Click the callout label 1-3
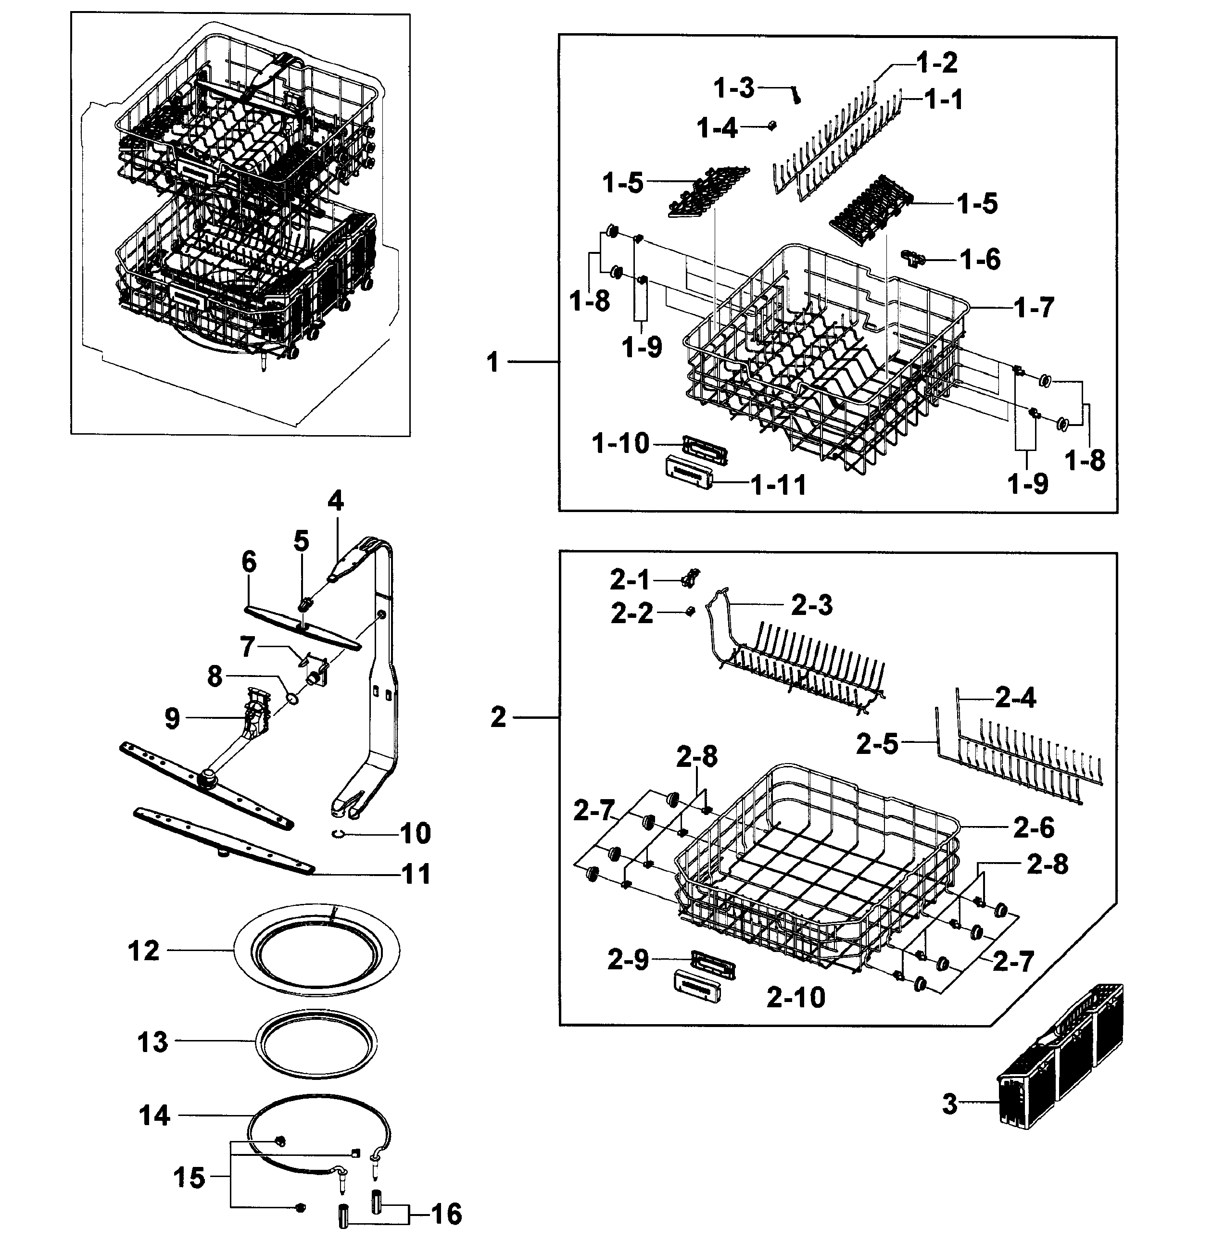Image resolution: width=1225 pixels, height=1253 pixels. click(x=734, y=88)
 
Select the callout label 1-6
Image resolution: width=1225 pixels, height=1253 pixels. click(x=980, y=259)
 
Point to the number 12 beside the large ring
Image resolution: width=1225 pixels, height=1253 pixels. click(x=143, y=951)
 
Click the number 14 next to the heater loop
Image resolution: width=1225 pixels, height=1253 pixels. click(x=154, y=1115)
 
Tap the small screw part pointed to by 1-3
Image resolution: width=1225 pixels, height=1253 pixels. click(x=797, y=97)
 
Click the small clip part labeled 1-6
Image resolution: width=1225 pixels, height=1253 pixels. click(x=914, y=259)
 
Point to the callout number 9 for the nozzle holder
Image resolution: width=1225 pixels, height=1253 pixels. click(x=172, y=718)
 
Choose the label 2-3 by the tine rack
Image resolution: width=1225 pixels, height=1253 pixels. click(x=811, y=605)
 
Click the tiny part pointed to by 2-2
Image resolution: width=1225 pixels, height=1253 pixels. click(x=690, y=611)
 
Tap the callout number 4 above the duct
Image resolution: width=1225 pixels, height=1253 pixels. click(x=335, y=501)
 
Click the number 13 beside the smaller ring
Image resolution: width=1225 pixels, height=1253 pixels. click(x=152, y=1042)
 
